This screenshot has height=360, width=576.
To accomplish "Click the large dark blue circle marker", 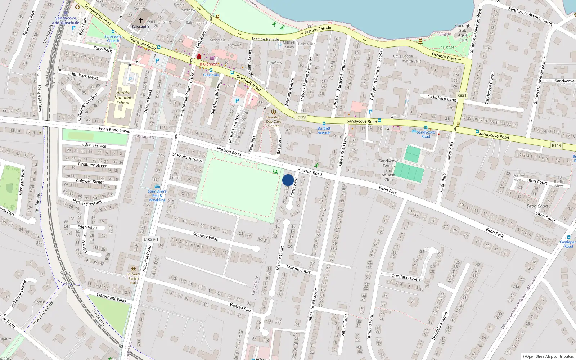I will [x=288, y=180].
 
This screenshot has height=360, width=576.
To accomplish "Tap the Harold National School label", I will [x=123, y=98].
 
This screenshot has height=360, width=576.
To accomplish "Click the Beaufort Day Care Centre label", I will [x=274, y=121].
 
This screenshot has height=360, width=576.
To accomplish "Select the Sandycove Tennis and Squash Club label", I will [x=388, y=170].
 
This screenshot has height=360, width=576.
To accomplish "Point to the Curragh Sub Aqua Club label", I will [x=463, y=33].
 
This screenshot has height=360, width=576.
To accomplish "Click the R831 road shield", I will [x=462, y=95].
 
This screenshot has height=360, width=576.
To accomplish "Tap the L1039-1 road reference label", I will [x=151, y=239].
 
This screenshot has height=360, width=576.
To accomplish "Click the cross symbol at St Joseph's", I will [x=141, y=20].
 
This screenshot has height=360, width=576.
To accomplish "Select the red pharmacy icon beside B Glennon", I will [x=199, y=57].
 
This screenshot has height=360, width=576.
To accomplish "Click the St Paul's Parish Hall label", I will [x=133, y=278].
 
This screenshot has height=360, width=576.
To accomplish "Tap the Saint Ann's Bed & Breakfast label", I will [x=157, y=195].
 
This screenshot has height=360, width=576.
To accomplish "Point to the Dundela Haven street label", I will [x=405, y=277].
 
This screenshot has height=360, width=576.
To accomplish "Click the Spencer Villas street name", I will [x=205, y=236].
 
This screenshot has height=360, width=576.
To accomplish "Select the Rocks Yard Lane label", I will [x=441, y=98].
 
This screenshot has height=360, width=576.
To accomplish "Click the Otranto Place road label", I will [x=444, y=56].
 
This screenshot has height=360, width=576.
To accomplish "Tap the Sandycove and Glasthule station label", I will [x=66, y=21].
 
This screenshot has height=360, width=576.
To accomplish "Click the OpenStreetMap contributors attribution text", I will [x=548, y=356].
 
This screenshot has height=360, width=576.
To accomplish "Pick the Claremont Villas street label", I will [x=111, y=297].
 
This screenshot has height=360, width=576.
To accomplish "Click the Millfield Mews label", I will [x=289, y=45].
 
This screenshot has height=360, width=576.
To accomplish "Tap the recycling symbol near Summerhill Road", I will [x=77, y=6].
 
